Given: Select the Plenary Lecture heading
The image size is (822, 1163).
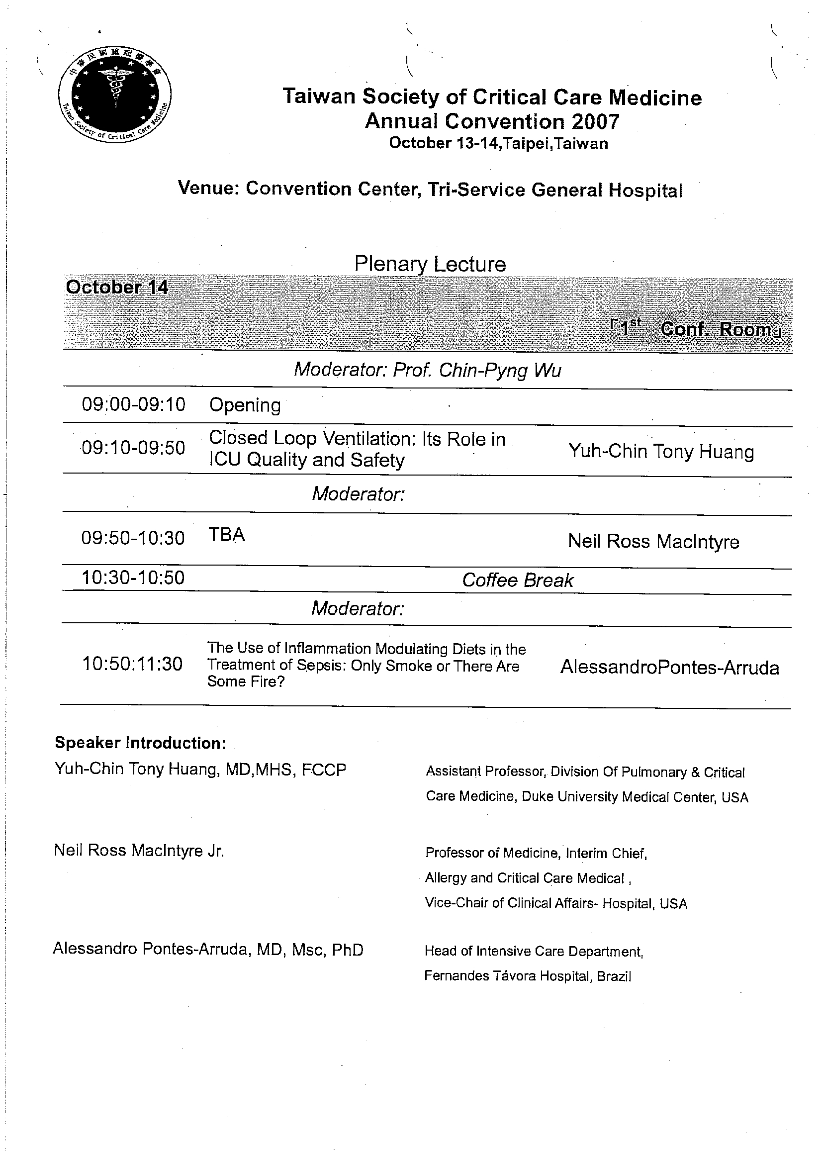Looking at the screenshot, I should (430, 264).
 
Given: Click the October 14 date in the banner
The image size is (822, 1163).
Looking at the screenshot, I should (117, 287).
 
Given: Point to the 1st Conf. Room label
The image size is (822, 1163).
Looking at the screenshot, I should (696, 329).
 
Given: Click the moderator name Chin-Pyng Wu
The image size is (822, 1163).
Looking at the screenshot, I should (500, 370).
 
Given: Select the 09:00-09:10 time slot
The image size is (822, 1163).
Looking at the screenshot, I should (134, 404).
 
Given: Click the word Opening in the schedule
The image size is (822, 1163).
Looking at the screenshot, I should (245, 405).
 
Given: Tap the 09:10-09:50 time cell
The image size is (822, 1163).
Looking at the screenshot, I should (133, 448).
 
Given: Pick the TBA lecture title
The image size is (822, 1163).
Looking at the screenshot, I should (227, 535).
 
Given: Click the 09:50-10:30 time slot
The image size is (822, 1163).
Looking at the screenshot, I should (133, 538).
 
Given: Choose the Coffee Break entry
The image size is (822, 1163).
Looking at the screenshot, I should (518, 581).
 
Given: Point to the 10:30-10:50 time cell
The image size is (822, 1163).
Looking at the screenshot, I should (133, 578).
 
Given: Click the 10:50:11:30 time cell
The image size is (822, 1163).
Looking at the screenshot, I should (132, 664).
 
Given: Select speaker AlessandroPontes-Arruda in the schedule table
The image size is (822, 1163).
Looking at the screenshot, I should (669, 668).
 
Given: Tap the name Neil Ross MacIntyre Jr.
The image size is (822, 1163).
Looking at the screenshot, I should (139, 851).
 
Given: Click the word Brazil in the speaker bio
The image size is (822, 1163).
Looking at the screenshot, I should (614, 976).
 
